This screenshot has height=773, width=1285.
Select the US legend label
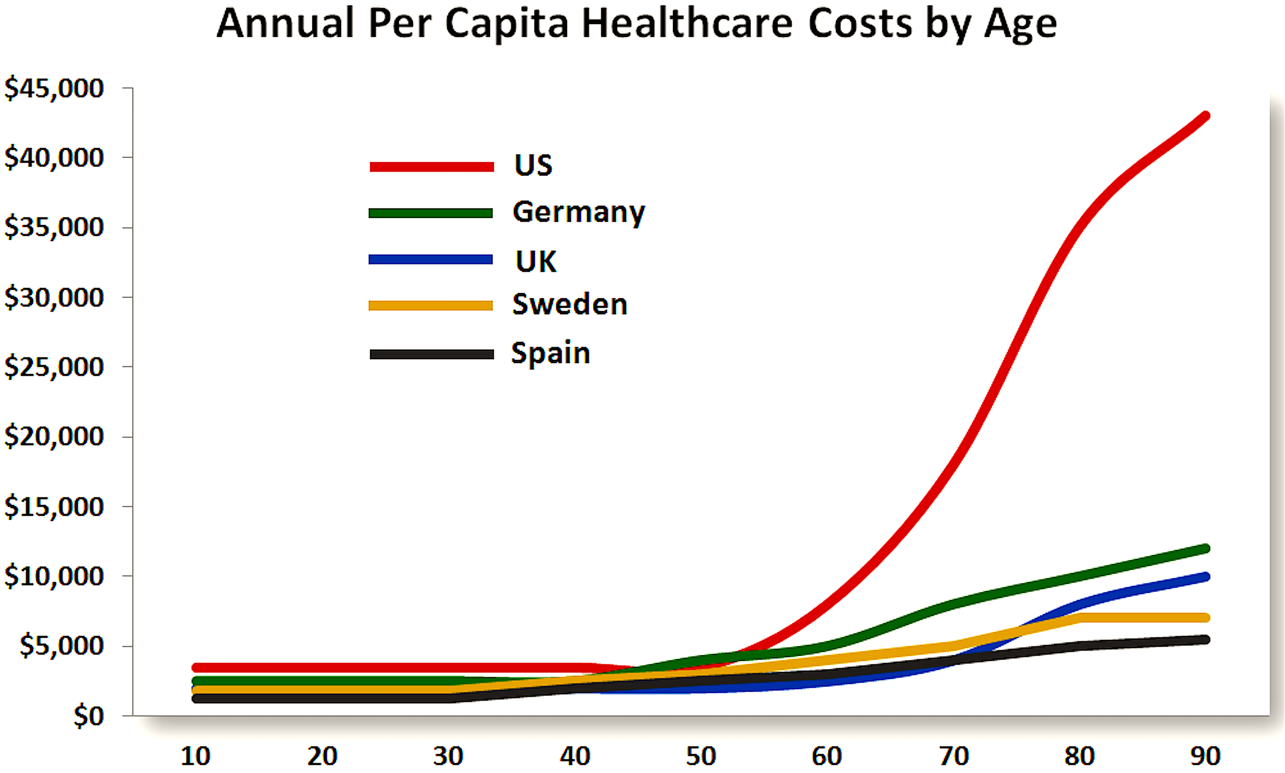point(533,165)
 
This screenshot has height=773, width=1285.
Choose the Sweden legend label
point(570,304)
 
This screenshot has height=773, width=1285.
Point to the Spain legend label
point(550,353)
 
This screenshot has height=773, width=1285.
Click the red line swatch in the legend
point(432,167)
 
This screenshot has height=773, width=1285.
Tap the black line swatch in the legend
point(432,354)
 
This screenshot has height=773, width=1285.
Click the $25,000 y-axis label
point(54,367)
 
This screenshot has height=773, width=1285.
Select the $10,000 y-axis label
point(54,576)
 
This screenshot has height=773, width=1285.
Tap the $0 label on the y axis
point(89,716)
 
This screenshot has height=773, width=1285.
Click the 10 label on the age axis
point(195,756)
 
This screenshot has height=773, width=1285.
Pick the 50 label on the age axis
point(701,756)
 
